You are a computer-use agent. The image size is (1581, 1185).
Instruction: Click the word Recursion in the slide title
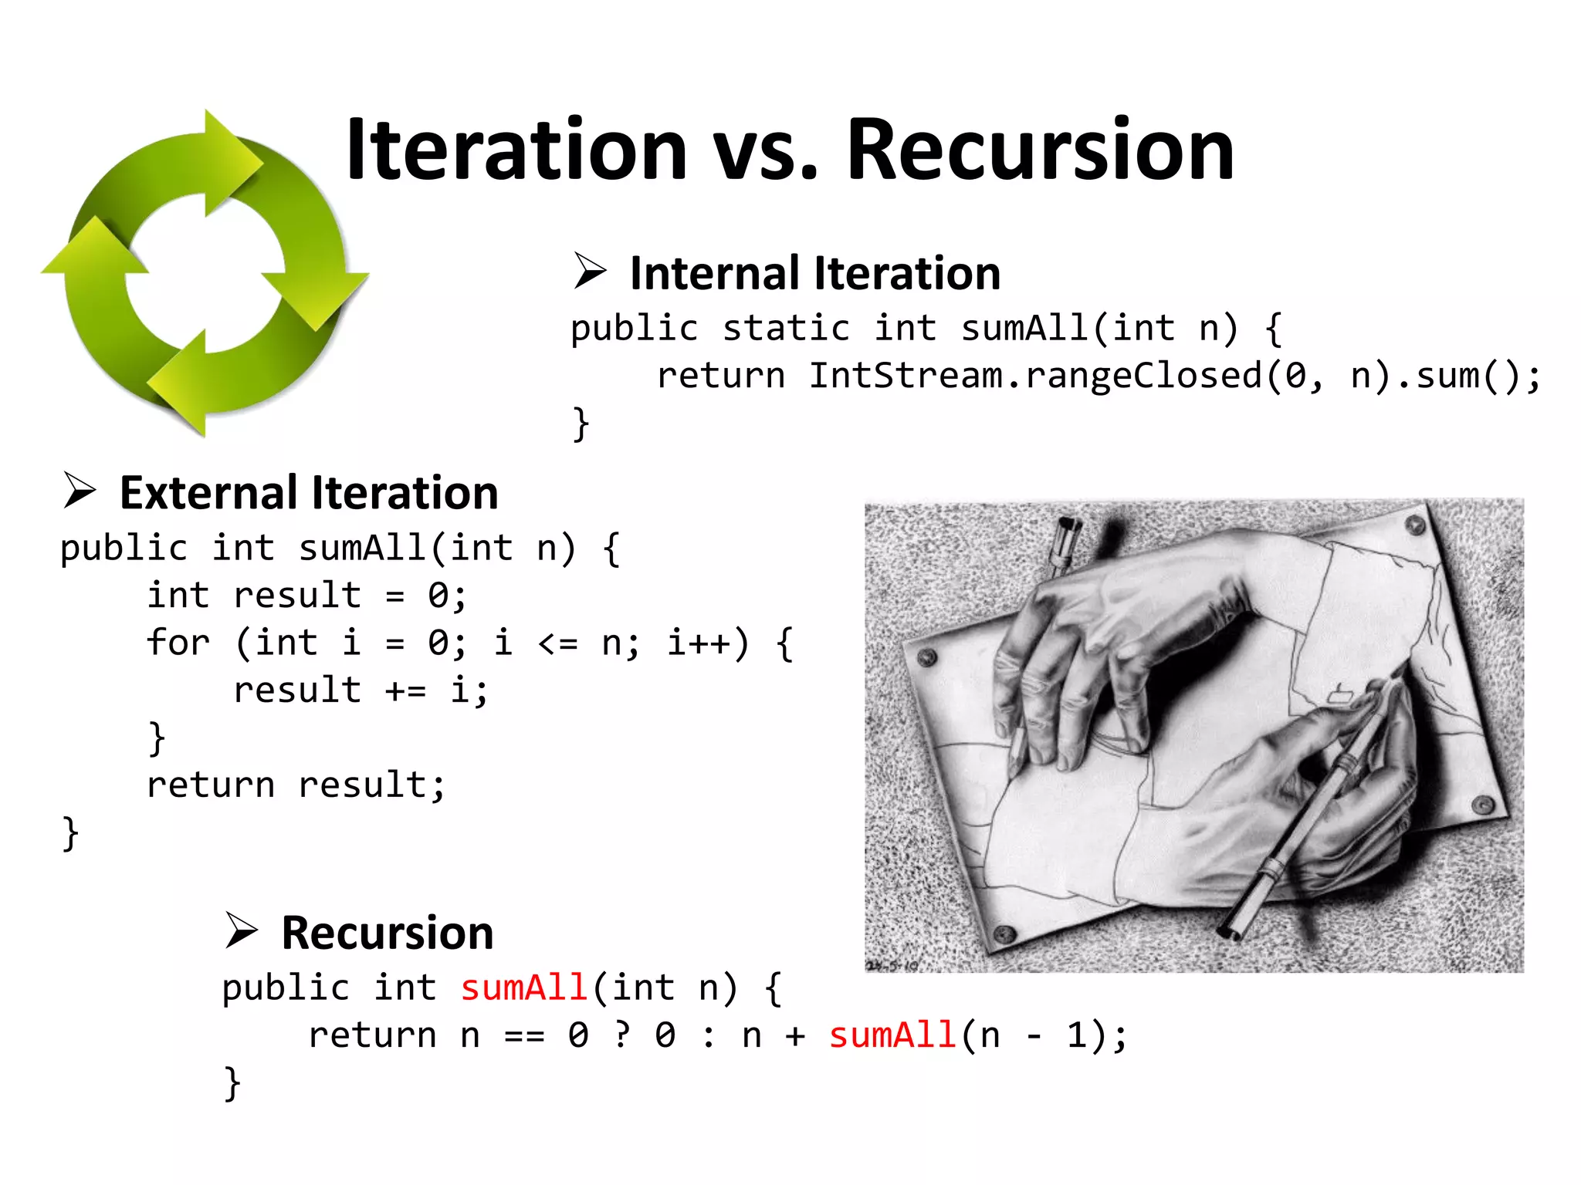point(1040,150)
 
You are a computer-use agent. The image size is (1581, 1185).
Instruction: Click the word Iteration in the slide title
point(516,150)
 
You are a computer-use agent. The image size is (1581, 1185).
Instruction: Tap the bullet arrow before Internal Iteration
point(591,272)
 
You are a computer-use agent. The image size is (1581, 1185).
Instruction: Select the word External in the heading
point(208,494)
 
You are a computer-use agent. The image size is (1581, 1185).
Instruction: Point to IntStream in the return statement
point(906,376)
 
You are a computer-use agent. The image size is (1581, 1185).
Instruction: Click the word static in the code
point(786,329)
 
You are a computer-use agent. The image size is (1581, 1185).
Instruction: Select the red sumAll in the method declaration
point(524,988)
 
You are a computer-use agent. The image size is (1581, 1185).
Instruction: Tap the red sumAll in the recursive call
point(892,1035)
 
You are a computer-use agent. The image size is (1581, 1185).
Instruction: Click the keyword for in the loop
point(178,643)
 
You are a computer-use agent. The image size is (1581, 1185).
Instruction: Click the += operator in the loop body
point(405,690)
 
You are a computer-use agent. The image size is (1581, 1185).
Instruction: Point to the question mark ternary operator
point(622,1035)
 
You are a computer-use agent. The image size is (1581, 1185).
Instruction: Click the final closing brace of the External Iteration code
point(70,833)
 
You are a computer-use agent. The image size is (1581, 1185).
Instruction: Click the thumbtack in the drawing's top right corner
point(1414,525)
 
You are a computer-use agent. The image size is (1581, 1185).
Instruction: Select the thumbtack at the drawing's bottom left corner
point(1004,933)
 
